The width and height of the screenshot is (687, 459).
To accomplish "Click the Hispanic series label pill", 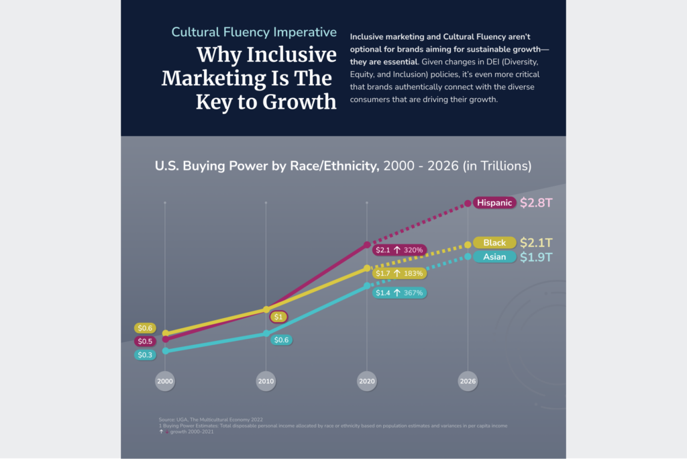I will [494, 203].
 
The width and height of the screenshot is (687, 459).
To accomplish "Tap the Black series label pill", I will [494, 243].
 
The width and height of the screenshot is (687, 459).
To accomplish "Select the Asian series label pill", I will [494, 257].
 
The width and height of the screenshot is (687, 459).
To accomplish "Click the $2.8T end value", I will [536, 203].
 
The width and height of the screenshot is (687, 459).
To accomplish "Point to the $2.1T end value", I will [536, 243].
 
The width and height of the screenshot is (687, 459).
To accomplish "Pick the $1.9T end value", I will [536, 257].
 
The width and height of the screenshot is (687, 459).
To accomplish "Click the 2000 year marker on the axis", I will [165, 381].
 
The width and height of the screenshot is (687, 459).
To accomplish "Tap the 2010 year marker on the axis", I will [266, 381].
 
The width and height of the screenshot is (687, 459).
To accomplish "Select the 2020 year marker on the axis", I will [366, 381].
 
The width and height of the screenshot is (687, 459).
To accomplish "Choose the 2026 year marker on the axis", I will [468, 381].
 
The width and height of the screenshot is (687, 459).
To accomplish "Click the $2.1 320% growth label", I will [399, 250].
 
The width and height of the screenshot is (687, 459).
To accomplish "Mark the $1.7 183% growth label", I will [399, 274].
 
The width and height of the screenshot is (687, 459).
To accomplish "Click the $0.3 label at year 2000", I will [145, 355].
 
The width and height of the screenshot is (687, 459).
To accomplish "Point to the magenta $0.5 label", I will [145, 342].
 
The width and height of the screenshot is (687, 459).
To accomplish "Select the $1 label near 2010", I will [279, 317].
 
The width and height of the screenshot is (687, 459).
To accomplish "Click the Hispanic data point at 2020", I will [366, 245].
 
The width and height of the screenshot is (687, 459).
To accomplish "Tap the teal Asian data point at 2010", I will [266, 334].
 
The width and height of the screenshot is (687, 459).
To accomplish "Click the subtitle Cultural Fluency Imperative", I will [254, 32].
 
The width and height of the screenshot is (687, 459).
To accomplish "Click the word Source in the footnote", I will [166, 419].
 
